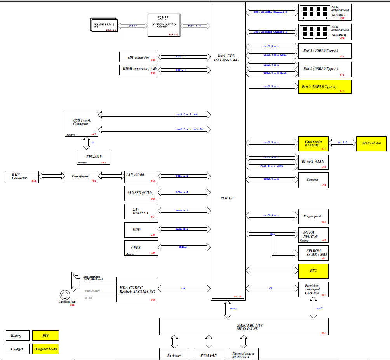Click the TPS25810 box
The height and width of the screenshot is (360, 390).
click(x=93, y=157)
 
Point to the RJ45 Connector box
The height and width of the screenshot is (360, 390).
click(x=22, y=176)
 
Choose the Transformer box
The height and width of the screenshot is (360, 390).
click(x=81, y=176)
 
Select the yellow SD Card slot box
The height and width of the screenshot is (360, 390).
click(x=371, y=144)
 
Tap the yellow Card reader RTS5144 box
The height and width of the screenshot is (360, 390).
click(x=313, y=143)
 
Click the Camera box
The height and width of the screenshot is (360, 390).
click(x=313, y=180)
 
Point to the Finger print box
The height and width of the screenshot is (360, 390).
click(x=313, y=216)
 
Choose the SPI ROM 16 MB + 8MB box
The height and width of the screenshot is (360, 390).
click(x=313, y=253)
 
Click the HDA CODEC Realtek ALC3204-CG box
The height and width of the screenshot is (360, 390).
click(x=137, y=289)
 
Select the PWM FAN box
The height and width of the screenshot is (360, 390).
click(x=209, y=354)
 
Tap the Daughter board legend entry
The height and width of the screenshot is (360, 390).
click(x=46, y=349)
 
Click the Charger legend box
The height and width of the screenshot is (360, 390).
click(x=17, y=349)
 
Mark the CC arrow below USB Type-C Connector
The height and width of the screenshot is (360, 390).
click(x=86, y=143)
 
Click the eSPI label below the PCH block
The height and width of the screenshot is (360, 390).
click(x=233, y=308)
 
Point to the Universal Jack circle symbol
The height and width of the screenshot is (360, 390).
click(x=64, y=296)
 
